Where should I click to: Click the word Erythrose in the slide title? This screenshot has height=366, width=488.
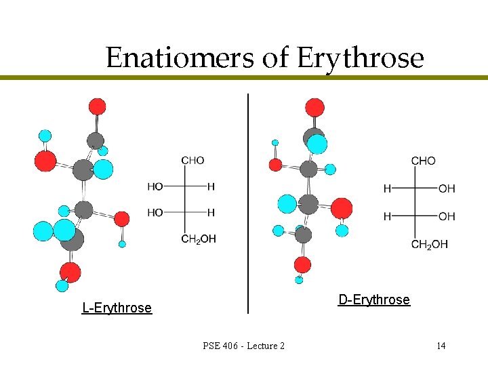(360, 59)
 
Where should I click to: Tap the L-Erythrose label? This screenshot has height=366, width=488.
(117, 308)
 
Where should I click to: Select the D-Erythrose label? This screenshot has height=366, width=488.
(374, 300)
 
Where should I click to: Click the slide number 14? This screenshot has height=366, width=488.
(441, 346)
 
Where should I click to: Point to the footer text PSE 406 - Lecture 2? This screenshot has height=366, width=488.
(243, 346)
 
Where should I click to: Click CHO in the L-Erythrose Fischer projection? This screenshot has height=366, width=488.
(192, 161)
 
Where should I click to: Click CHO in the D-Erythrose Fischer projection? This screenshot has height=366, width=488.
(424, 161)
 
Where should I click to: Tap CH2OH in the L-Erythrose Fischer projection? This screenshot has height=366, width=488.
(199, 239)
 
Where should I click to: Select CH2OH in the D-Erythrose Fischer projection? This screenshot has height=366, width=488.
(430, 244)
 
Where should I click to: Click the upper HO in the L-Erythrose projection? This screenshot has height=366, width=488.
(155, 186)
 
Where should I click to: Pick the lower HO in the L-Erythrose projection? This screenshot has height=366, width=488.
(155, 212)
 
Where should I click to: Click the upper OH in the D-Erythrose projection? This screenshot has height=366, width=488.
(447, 188)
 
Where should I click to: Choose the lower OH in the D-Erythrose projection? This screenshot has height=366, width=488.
(447, 216)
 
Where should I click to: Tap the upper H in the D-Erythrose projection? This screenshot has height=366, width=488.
(387, 188)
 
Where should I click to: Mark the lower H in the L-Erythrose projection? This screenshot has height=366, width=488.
(211, 212)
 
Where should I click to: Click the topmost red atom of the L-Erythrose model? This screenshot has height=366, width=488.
(98, 106)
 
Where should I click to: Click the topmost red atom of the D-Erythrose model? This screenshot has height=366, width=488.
(314, 107)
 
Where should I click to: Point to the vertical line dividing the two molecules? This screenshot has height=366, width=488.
(248, 203)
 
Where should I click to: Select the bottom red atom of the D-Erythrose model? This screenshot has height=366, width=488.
(303, 264)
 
